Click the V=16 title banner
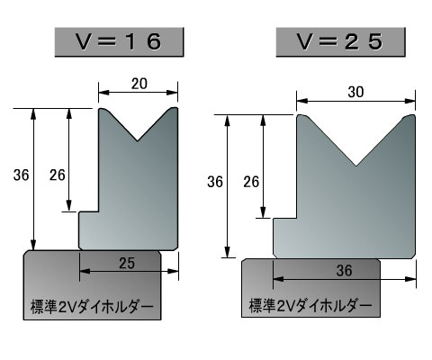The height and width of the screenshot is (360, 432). [119, 42]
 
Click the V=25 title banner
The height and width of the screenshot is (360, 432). [341, 42]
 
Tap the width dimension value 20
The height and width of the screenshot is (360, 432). [139, 84]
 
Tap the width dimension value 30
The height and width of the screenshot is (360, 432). [356, 92]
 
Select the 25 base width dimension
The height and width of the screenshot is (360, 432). [127, 263]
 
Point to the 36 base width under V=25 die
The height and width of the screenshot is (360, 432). [345, 271]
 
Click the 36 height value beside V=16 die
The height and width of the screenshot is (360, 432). [22, 175]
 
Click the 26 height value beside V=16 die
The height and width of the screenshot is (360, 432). [58, 175]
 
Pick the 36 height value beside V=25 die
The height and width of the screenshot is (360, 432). [215, 182]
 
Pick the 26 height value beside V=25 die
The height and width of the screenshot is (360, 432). [251, 182]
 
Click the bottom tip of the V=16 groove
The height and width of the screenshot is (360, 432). [138, 140]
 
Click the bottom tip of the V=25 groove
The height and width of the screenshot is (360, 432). [356, 166]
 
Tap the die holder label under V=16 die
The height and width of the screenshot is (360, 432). [92, 307]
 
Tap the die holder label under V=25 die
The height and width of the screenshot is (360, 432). [310, 305]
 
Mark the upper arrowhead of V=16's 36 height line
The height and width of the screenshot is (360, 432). [33, 114]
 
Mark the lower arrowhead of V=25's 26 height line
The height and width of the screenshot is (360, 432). [263, 212]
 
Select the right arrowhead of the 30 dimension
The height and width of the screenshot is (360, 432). [409, 101]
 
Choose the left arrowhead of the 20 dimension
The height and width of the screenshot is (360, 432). [104, 93]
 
